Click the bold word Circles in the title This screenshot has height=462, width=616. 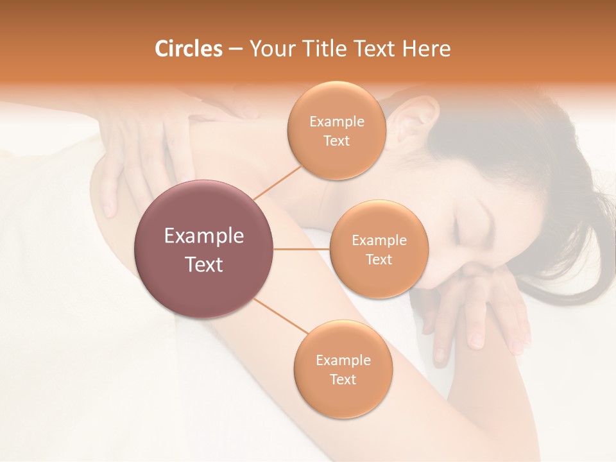189,49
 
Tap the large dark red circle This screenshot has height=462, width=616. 204,249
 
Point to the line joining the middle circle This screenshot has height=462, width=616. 302,249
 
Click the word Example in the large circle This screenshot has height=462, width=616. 204,236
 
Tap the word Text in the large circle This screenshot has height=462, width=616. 204,264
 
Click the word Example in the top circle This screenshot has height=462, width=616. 336,122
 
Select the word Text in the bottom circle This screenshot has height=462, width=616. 343,379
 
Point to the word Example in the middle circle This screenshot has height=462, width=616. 379,241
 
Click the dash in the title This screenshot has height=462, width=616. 235,49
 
